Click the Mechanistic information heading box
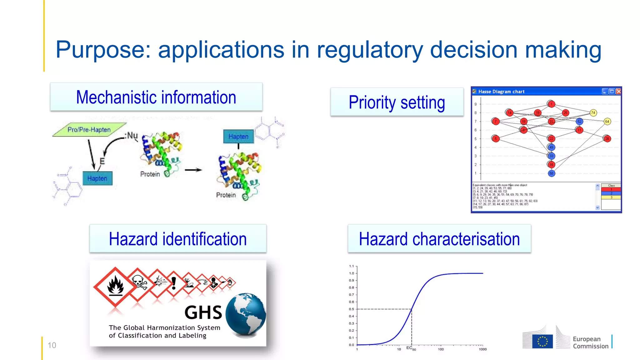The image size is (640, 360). click(x=156, y=97)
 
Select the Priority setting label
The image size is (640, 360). click(x=397, y=102)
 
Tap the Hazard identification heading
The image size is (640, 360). click(x=178, y=239)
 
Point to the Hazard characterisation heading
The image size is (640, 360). click(x=439, y=239)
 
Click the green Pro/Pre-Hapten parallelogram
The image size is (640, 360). click(x=89, y=129)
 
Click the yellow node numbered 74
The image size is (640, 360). click(x=593, y=113)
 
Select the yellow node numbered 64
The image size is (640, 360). click(x=607, y=122)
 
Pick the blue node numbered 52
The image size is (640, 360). click(x=579, y=122)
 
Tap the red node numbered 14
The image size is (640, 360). click(x=509, y=113)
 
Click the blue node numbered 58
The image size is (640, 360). click(x=551, y=173)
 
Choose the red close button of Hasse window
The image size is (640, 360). click(x=618, y=92)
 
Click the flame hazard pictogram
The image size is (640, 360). click(x=115, y=286)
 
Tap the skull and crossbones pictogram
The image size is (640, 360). click(x=138, y=283)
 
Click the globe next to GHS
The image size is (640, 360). click(x=246, y=315)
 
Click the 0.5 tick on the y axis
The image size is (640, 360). click(x=352, y=309)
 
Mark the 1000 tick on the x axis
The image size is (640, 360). click(x=482, y=349)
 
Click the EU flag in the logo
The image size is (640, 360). click(x=542, y=342)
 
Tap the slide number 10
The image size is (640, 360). click(x=52, y=345)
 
